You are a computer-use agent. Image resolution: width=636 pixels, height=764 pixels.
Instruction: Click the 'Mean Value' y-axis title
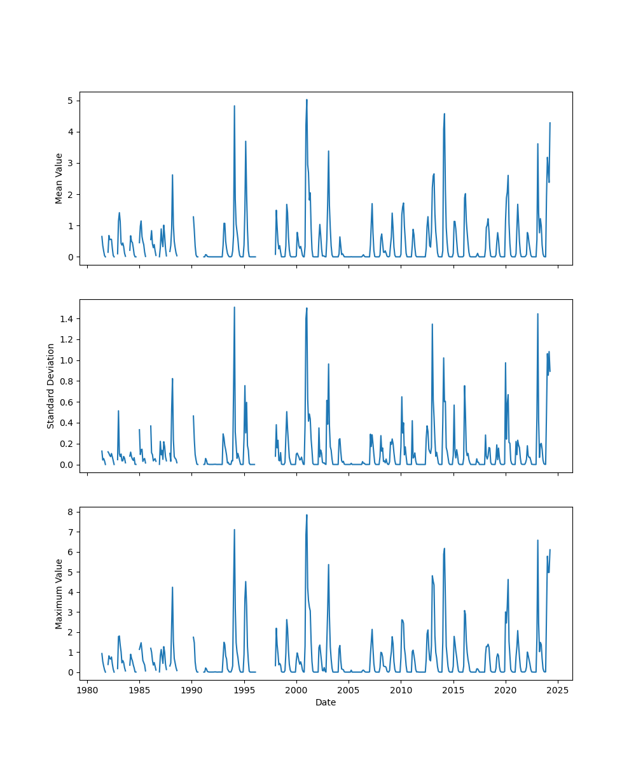[x=59, y=178]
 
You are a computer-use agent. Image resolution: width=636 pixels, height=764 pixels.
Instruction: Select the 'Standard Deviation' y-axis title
[x=51, y=386]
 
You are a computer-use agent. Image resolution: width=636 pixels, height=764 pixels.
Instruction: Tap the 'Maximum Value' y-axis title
[x=59, y=593]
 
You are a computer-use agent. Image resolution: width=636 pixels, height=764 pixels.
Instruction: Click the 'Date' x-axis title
[x=326, y=702]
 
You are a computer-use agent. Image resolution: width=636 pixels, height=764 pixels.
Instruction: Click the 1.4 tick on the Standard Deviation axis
[x=67, y=318]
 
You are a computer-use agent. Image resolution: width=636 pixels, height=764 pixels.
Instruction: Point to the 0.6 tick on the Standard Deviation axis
[x=67, y=402]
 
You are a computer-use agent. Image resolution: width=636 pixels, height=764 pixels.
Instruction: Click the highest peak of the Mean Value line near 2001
[x=307, y=99]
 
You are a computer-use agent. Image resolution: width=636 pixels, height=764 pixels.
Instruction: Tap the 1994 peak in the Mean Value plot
[x=234, y=106]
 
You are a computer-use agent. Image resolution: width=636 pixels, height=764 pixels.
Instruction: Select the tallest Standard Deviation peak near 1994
[x=234, y=308]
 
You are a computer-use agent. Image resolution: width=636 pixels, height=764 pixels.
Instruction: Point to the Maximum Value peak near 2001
[x=307, y=515]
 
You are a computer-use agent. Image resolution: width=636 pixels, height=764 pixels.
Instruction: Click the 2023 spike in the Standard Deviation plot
[x=537, y=314]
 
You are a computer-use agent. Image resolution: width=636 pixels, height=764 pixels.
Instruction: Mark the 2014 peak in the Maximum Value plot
[x=445, y=548]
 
